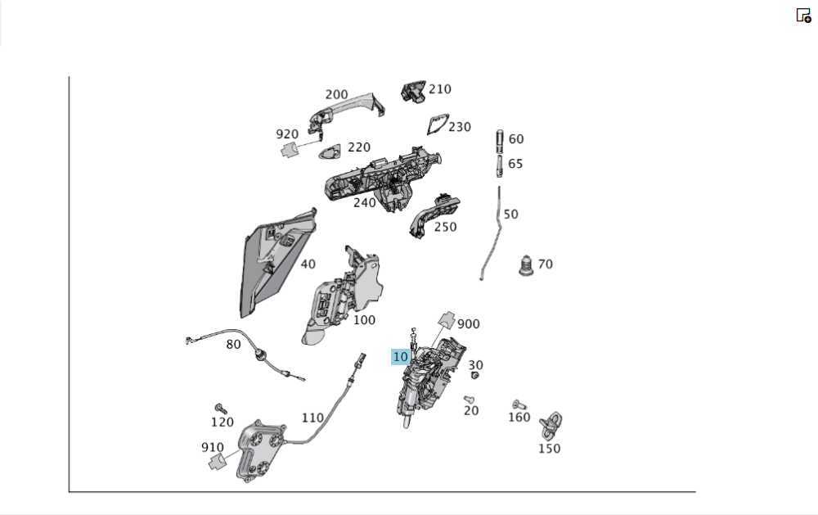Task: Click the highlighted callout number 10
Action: (400, 357)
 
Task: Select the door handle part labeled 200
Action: (346, 111)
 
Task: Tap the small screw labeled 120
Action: (221, 409)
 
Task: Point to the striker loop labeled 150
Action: (551, 425)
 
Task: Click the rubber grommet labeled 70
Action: (526, 265)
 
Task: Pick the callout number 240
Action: (365, 203)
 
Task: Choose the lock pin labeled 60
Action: (499, 141)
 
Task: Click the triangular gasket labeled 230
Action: (437, 124)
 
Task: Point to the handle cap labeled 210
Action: (413, 92)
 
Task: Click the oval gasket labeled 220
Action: (329, 152)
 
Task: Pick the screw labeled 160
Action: (519, 404)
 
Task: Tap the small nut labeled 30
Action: (474, 375)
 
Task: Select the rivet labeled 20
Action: (469, 400)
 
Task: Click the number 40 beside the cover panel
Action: (308, 264)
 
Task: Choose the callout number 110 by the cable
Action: (312, 418)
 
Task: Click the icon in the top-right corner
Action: (803, 15)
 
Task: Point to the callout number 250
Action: (445, 227)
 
